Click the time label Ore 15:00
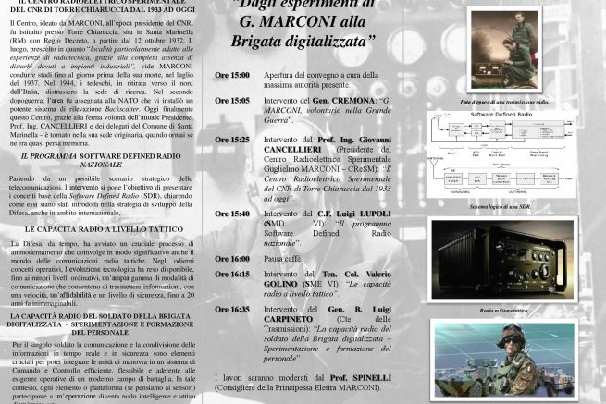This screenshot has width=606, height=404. [231, 75]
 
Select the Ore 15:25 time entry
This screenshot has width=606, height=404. [231, 140]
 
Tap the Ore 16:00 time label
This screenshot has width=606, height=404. [231, 259]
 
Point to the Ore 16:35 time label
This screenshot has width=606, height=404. [231, 310]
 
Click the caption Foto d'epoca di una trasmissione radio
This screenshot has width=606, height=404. [503, 101]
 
